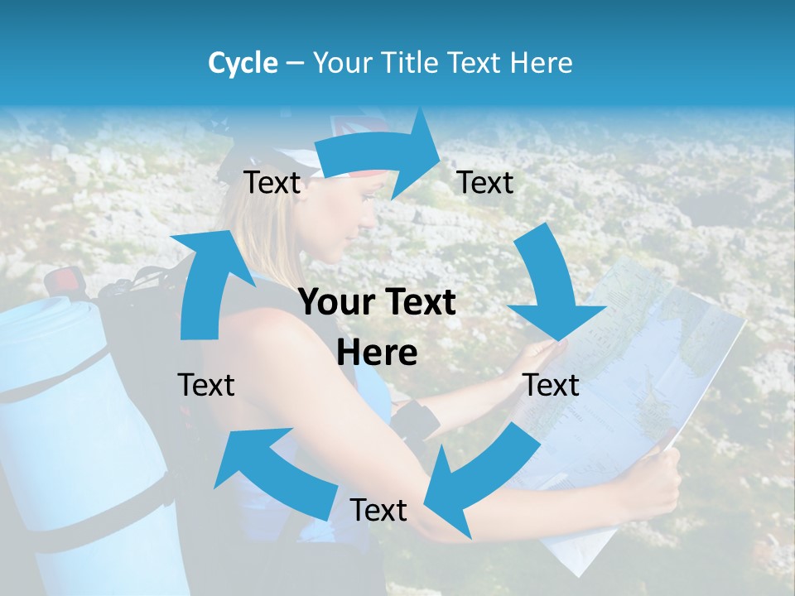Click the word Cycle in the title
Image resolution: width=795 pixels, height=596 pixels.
pyautogui.click(x=243, y=63)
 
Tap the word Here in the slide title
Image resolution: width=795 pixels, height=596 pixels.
pyautogui.click(x=538, y=63)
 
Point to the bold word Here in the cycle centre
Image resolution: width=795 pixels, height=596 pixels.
pyautogui.click(x=377, y=353)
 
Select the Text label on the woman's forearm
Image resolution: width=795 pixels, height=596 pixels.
pyautogui.click(x=378, y=510)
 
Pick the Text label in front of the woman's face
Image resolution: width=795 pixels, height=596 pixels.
pyautogui.click(x=485, y=182)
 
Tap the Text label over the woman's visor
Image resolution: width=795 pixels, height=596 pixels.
pyautogui.click(x=272, y=182)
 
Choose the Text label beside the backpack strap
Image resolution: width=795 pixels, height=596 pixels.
pyautogui.click(x=206, y=385)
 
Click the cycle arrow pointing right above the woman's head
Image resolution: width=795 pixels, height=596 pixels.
pyautogui.click(x=381, y=153)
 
